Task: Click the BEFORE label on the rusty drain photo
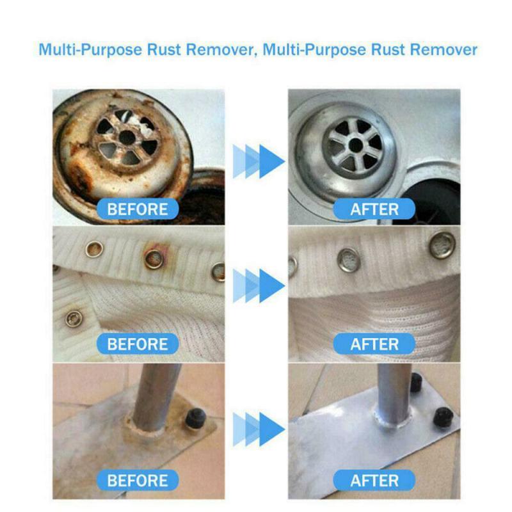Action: point(138,209)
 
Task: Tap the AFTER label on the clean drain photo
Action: point(375,209)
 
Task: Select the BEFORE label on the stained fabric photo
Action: point(138,344)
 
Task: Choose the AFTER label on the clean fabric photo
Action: point(375,344)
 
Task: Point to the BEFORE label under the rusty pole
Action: point(138,480)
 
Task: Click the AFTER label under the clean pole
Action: point(375,480)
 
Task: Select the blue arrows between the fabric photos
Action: point(255,282)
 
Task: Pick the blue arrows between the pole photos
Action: point(255,424)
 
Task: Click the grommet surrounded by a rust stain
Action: point(154,258)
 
